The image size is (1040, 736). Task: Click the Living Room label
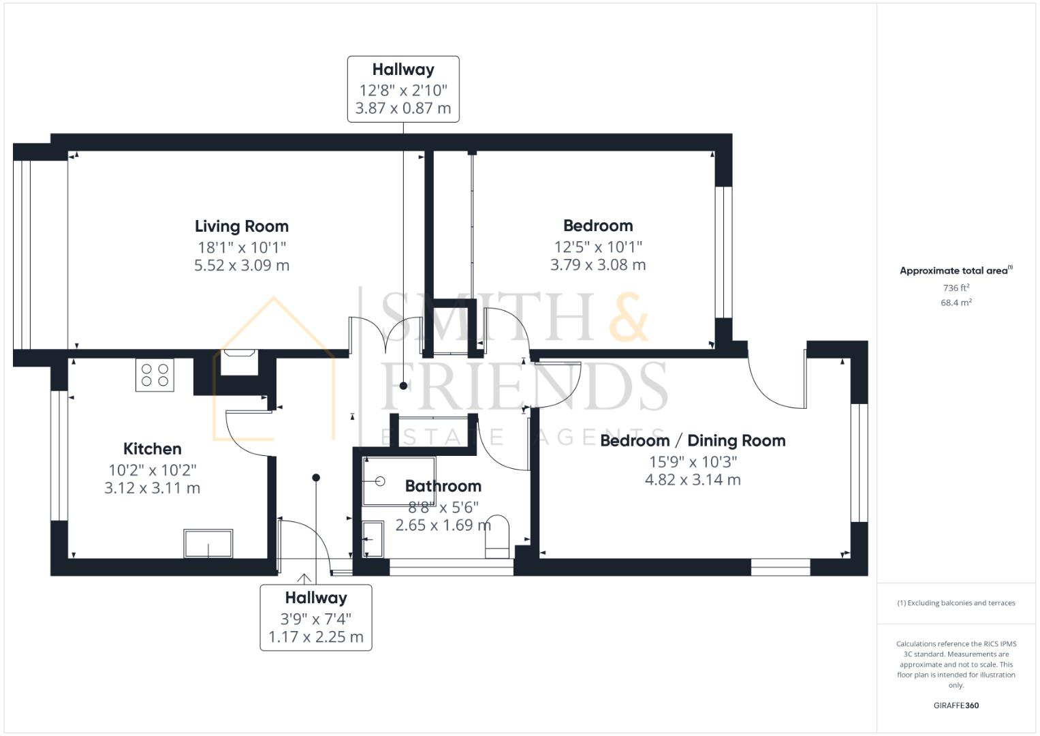click(x=241, y=226)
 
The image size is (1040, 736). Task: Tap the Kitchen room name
click(x=152, y=449)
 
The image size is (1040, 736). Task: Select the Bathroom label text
click(x=443, y=486)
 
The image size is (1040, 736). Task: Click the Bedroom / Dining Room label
click(x=692, y=441)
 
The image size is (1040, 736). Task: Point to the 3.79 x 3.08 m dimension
click(x=597, y=264)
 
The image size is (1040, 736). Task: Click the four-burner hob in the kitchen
click(x=155, y=374)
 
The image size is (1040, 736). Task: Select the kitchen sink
click(x=208, y=543)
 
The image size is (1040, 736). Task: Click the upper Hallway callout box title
click(x=403, y=70)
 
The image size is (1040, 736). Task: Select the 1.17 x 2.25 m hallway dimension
click(x=315, y=637)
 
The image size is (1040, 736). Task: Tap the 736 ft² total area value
click(x=956, y=288)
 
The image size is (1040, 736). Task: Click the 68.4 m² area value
click(x=956, y=303)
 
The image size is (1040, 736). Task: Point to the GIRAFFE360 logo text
click(x=956, y=705)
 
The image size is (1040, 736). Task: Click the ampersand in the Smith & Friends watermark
click(x=628, y=317)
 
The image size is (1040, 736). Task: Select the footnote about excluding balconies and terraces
click(x=956, y=603)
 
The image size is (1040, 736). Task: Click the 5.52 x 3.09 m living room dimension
click(x=241, y=265)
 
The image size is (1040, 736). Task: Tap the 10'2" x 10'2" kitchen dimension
click(x=152, y=470)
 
